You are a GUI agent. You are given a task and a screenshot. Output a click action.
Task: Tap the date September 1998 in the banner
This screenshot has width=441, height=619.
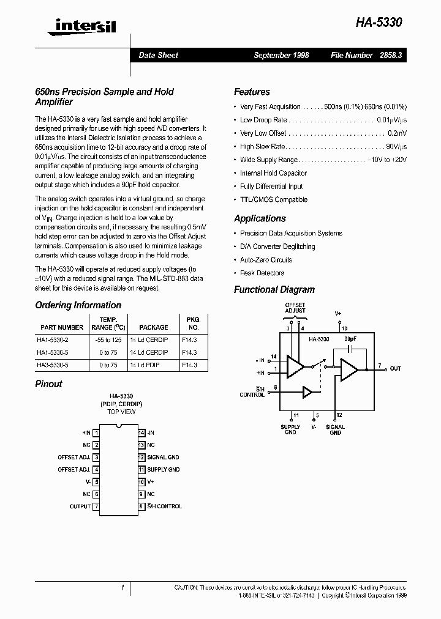tap(281, 55)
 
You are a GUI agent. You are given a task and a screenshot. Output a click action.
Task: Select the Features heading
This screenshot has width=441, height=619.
tap(252, 92)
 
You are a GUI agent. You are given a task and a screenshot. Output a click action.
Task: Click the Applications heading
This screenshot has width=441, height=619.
tap(260, 218)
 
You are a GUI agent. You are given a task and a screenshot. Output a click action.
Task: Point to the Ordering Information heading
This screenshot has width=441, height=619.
tap(78, 305)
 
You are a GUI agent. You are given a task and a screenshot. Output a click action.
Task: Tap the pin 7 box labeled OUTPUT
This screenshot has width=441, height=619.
tap(96, 506)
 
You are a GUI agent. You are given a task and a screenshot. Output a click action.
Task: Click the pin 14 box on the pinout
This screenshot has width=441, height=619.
tap(141, 432)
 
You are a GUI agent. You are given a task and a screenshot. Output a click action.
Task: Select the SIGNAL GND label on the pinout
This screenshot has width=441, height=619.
tap(163, 458)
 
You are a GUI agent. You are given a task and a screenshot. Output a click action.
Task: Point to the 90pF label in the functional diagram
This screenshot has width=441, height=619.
tap(350, 338)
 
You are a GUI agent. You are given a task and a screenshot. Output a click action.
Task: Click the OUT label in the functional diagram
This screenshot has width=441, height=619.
tap(396, 368)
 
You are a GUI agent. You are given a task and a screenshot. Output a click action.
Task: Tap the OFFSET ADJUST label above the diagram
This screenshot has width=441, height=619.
tap(295, 307)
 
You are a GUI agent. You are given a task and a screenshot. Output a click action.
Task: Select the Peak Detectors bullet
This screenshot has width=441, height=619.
tap(262, 273)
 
